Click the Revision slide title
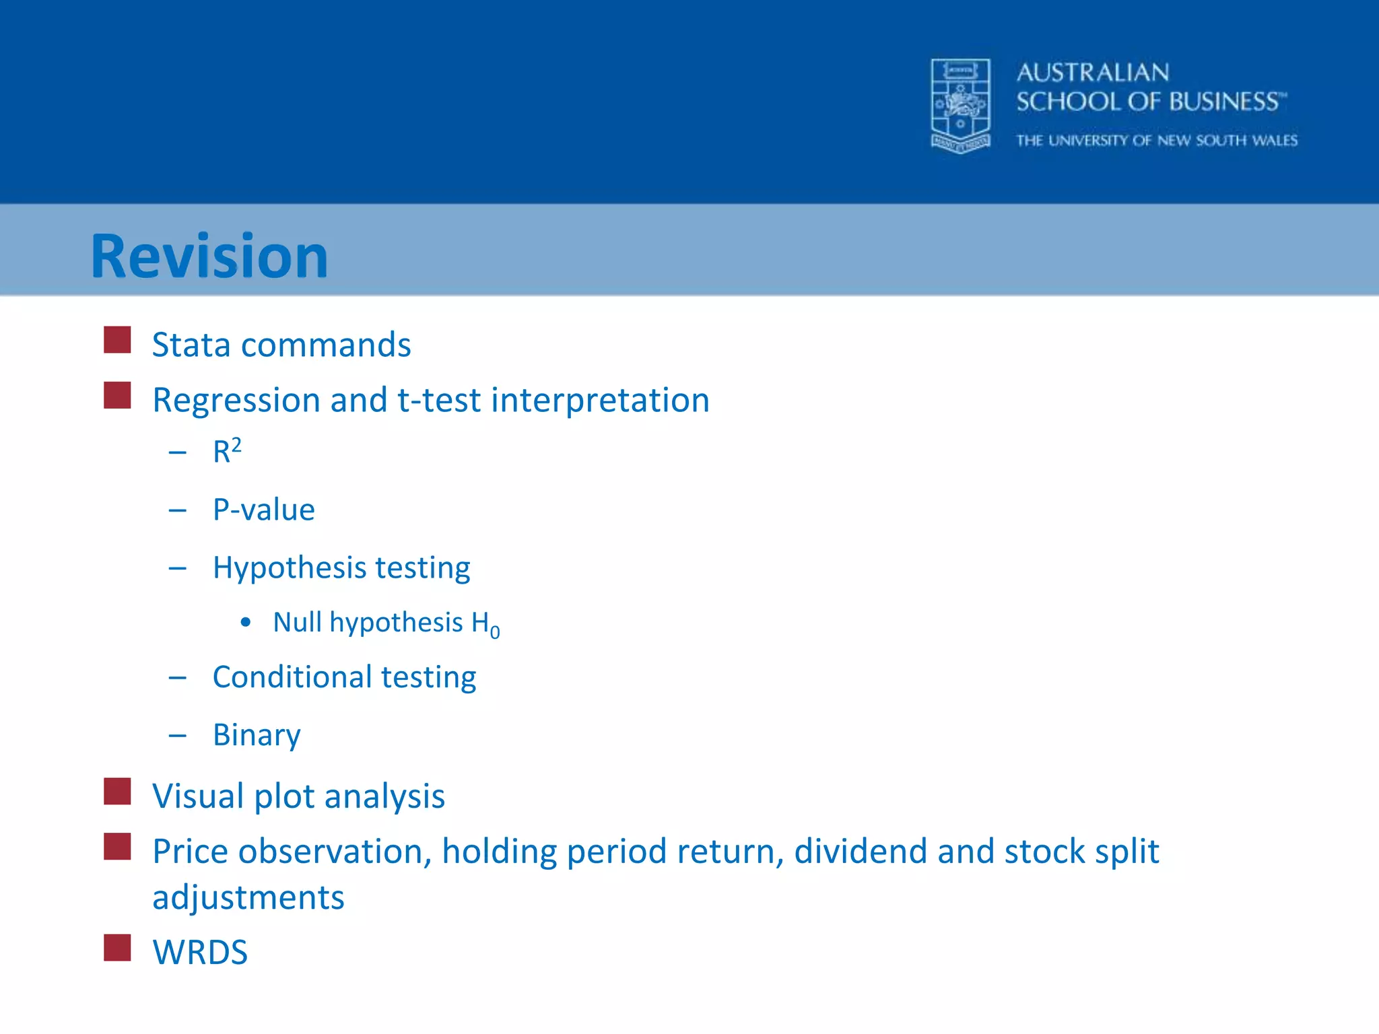click(209, 256)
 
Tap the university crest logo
click(960, 106)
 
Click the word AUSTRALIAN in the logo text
click(1093, 73)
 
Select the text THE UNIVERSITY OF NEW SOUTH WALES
click(1157, 141)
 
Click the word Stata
click(192, 345)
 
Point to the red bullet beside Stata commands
click(117, 340)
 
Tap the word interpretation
click(600, 401)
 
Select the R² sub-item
click(227, 451)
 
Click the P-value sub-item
click(263, 510)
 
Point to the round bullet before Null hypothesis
click(246, 623)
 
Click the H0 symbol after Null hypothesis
click(485, 625)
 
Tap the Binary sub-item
click(257, 735)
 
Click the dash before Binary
click(178, 736)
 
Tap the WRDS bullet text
click(200, 953)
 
